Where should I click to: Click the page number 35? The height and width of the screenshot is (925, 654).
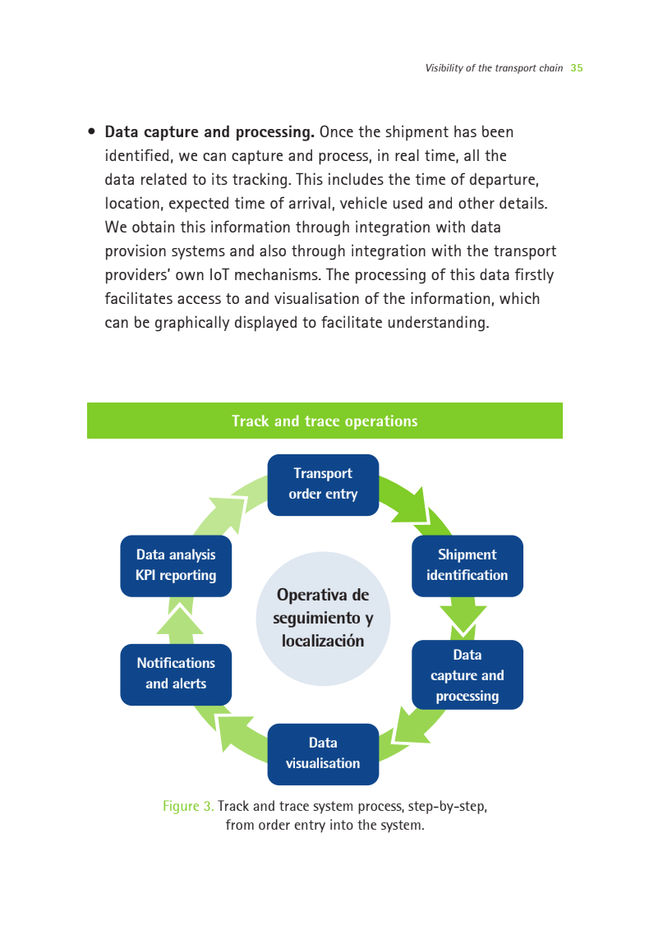coord(577,68)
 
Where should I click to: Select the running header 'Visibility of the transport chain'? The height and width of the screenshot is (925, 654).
coord(494,68)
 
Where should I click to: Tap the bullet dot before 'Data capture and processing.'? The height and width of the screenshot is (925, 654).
coord(91,131)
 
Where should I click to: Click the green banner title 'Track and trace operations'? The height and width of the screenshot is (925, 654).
coord(325,421)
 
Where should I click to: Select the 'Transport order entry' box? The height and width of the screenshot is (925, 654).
coord(323,485)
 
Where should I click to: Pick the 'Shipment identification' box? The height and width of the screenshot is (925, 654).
coord(467,565)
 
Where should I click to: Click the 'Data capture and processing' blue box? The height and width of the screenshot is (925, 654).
coord(467,675)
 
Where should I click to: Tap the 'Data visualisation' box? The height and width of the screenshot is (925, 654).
coord(323,754)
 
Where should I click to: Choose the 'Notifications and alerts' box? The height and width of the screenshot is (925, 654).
coord(176,674)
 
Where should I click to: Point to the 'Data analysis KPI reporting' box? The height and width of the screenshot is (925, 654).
coord(176,565)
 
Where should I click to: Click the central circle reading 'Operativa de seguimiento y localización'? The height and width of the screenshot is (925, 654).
coord(323,619)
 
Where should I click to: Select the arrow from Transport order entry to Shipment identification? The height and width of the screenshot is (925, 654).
coord(413,504)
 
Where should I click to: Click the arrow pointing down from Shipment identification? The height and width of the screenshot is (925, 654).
coord(464,616)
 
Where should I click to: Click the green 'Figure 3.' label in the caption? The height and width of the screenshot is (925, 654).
coord(188,806)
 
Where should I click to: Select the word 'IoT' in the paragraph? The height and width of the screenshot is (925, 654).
coord(219,275)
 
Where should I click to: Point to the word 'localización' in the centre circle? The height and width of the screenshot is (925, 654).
coord(323,641)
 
